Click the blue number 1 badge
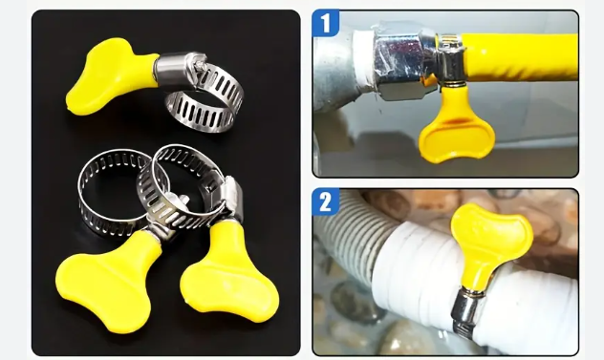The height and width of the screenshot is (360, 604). pos(326,23)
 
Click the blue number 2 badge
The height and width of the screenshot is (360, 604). pos(326,201)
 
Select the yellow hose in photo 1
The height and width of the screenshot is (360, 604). pos(520,57)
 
